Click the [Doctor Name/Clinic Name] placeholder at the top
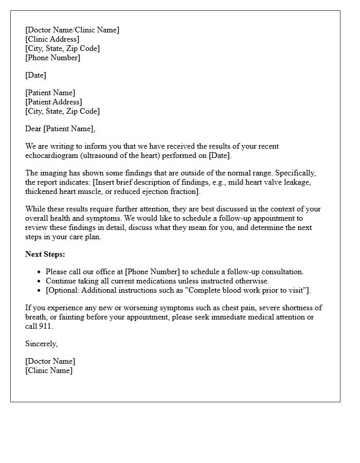point(72,30)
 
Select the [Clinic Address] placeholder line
point(52,39)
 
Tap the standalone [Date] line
point(35,75)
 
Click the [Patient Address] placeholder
point(53,102)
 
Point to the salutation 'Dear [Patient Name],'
point(60,129)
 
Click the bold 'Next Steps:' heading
point(45,254)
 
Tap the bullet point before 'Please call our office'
point(40,272)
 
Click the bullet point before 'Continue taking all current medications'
point(40,281)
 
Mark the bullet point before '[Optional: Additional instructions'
point(40,291)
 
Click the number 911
point(45,326)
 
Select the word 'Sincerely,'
point(41,344)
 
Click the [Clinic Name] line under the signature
point(49,370)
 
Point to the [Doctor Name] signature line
point(50,361)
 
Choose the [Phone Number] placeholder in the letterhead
point(52,58)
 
